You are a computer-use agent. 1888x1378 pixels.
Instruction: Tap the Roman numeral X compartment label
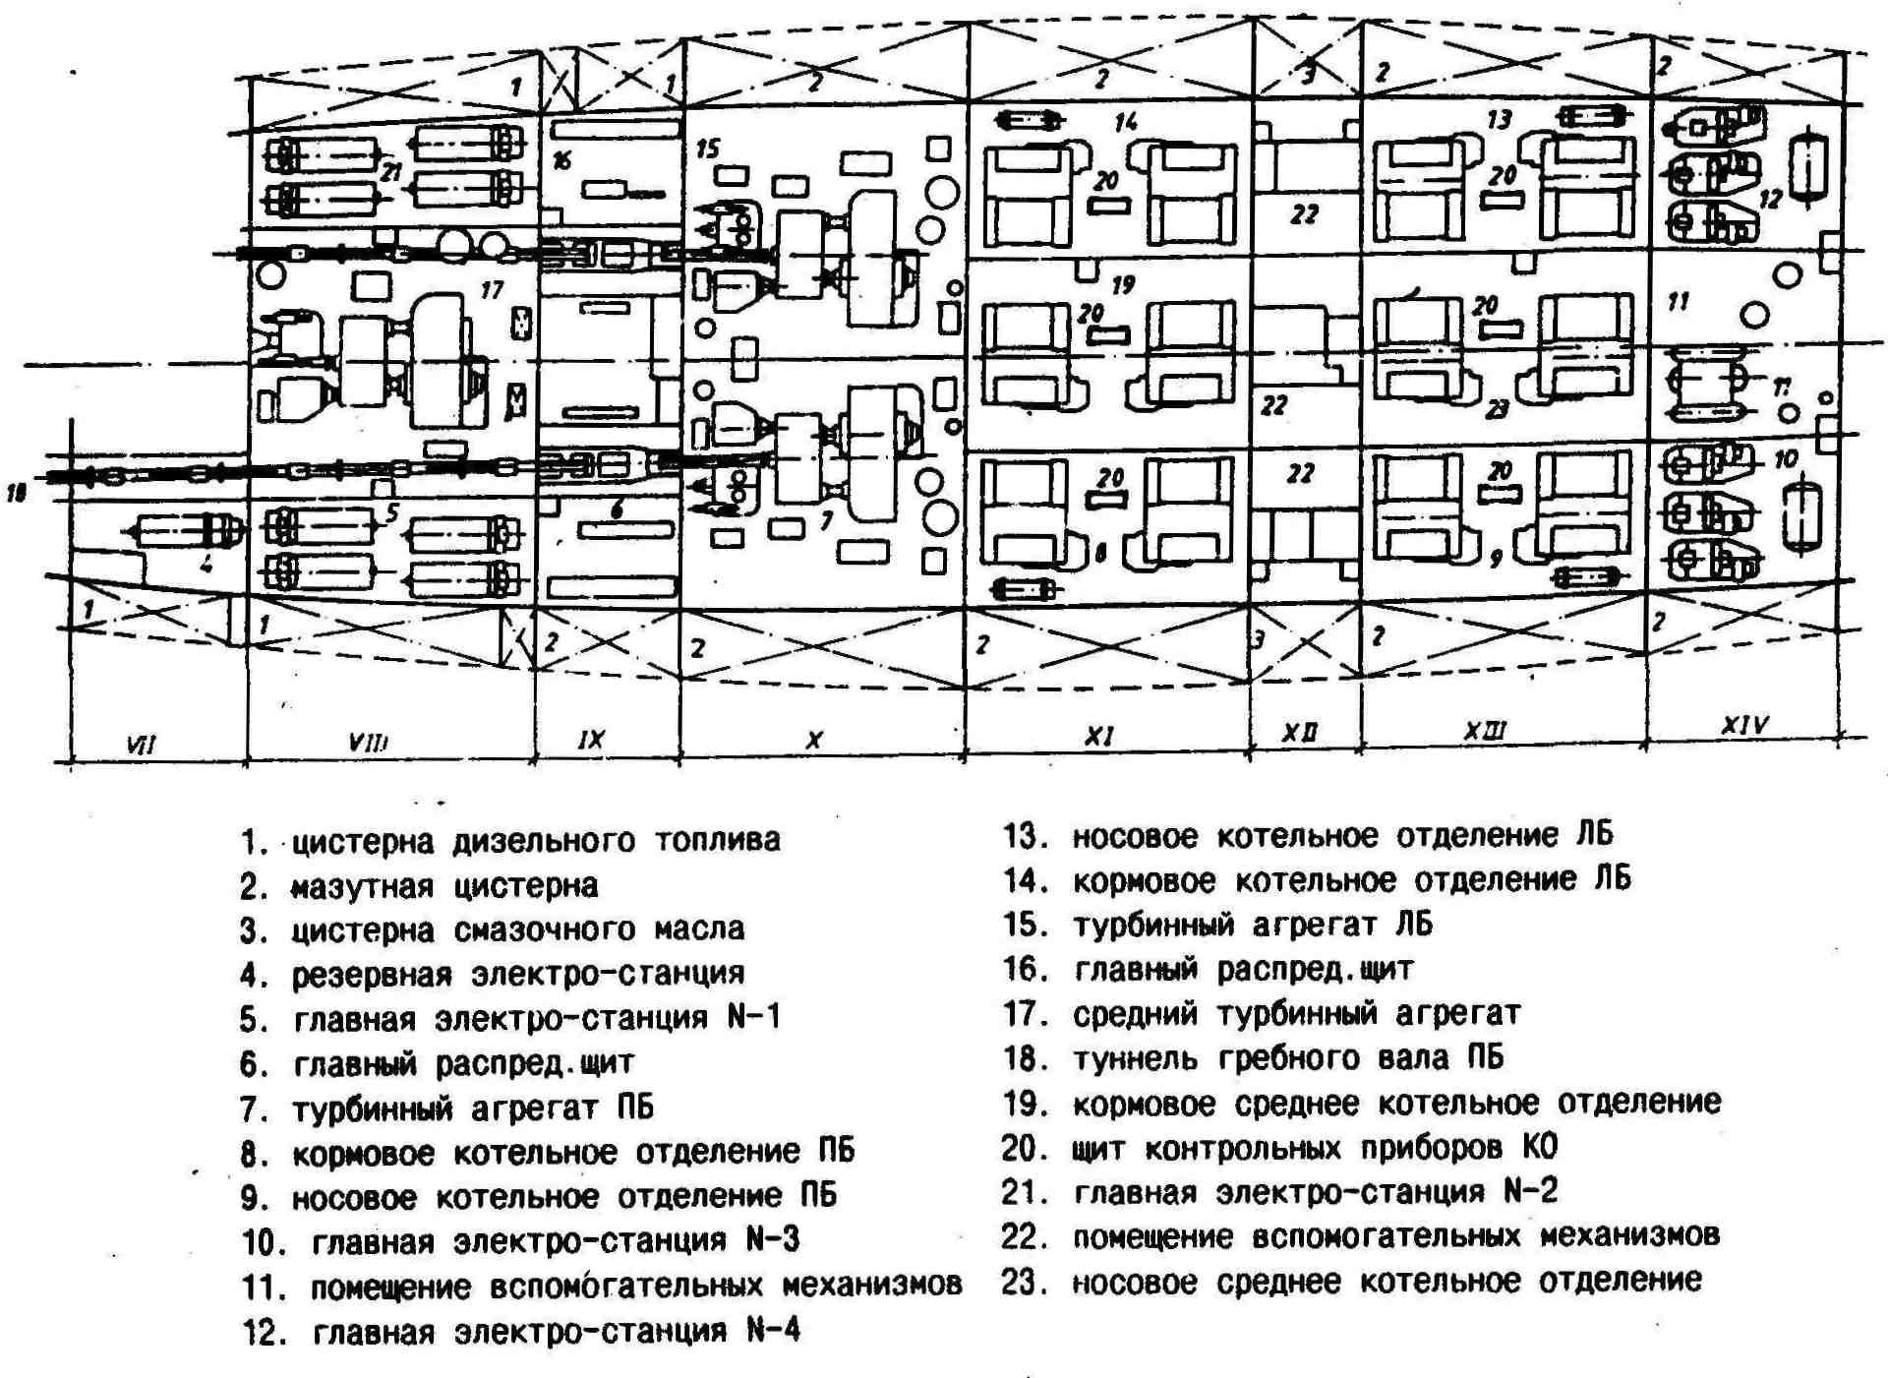[x=814, y=740]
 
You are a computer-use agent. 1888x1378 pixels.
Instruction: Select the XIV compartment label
[x=1744, y=726]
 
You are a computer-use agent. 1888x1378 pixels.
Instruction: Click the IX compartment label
[x=591, y=740]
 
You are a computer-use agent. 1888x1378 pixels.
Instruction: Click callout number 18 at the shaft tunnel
[x=17, y=493]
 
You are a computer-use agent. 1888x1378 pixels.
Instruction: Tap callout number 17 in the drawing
[x=492, y=289]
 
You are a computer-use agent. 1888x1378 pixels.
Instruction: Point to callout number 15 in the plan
[x=707, y=149]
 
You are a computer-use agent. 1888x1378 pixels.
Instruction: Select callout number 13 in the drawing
[x=1499, y=119]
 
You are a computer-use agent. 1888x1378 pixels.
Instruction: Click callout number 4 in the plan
[x=206, y=564]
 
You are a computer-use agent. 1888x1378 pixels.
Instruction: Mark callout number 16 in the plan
[x=561, y=160]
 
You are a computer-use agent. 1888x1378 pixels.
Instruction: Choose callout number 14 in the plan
[x=1126, y=122]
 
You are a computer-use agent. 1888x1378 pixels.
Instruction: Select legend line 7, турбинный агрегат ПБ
[x=447, y=1108]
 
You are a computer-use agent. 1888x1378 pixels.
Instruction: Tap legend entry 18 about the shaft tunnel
[x=1254, y=1058]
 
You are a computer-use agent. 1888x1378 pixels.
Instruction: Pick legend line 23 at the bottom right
[x=1352, y=1282]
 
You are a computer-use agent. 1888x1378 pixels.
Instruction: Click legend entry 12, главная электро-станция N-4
[x=521, y=1332]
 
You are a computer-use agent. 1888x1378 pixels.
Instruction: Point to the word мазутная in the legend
[x=362, y=887]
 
